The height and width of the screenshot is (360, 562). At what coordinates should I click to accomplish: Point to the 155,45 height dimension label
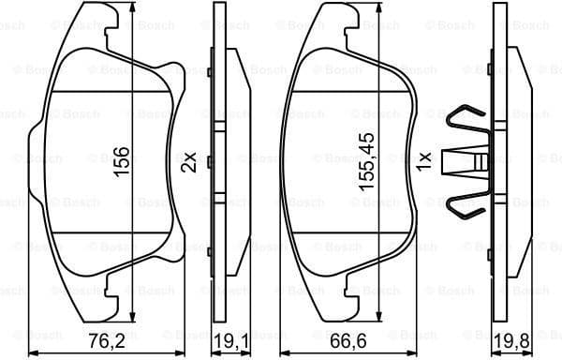coord(367,161)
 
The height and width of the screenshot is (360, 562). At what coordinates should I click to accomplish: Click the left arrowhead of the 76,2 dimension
coord(34,352)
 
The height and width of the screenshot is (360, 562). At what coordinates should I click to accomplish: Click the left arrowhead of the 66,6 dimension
coord(285,352)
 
